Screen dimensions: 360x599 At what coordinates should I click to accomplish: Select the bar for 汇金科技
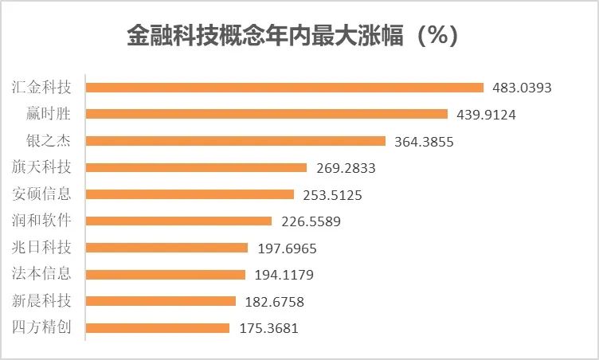click(284, 88)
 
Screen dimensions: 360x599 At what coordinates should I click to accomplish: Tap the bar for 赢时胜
click(267, 114)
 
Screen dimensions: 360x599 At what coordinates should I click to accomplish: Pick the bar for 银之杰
click(237, 141)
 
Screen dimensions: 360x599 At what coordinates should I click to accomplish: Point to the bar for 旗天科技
click(196, 168)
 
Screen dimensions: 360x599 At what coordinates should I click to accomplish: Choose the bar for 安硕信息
click(190, 194)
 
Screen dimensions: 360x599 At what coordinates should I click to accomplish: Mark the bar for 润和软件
click(178, 221)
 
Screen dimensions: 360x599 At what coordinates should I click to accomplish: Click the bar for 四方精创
click(158, 328)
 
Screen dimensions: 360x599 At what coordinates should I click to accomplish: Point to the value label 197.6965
click(288, 248)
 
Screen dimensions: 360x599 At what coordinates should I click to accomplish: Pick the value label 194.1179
click(285, 275)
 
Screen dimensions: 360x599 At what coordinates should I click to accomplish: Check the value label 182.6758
click(276, 302)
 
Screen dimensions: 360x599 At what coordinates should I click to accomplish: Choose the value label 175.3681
click(269, 328)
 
